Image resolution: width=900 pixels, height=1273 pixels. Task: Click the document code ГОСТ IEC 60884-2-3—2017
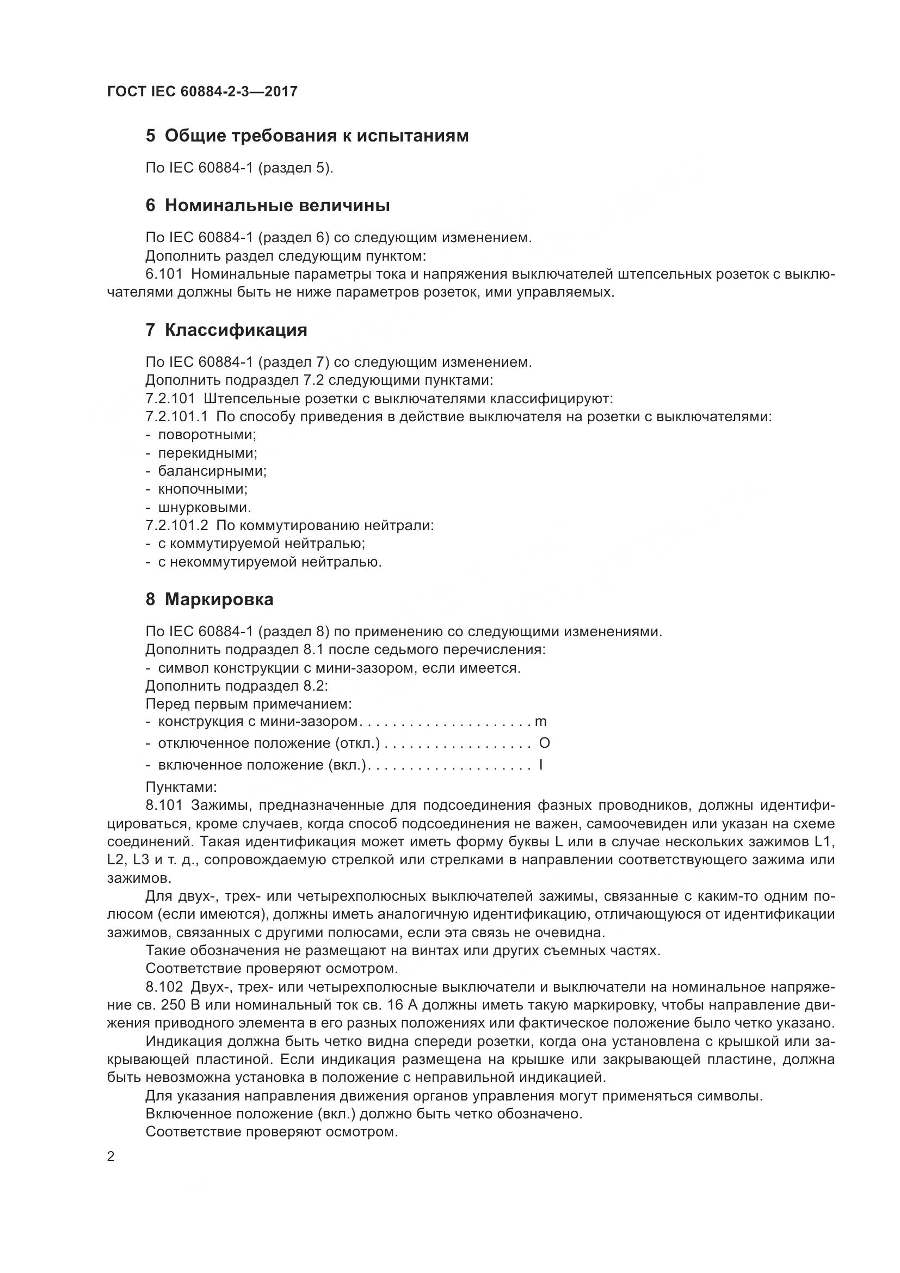point(202,91)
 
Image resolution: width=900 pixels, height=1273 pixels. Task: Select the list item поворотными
point(207,435)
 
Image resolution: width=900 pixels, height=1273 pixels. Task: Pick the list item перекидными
point(207,453)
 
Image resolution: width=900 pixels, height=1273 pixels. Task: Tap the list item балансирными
point(212,471)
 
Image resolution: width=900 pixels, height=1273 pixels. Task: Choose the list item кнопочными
point(202,489)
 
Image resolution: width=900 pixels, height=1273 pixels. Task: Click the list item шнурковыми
point(205,507)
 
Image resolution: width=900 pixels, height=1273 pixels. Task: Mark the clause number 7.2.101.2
point(177,526)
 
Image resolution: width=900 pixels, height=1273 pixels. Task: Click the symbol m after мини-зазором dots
point(540,722)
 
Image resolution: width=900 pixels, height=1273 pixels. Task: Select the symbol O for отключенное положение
point(544,743)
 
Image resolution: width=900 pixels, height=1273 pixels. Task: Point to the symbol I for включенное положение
point(541,765)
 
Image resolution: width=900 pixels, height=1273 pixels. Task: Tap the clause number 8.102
point(164,987)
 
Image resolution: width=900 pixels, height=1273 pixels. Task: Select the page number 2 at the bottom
point(111,1157)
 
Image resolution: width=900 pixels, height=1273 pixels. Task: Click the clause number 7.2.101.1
point(176,416)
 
